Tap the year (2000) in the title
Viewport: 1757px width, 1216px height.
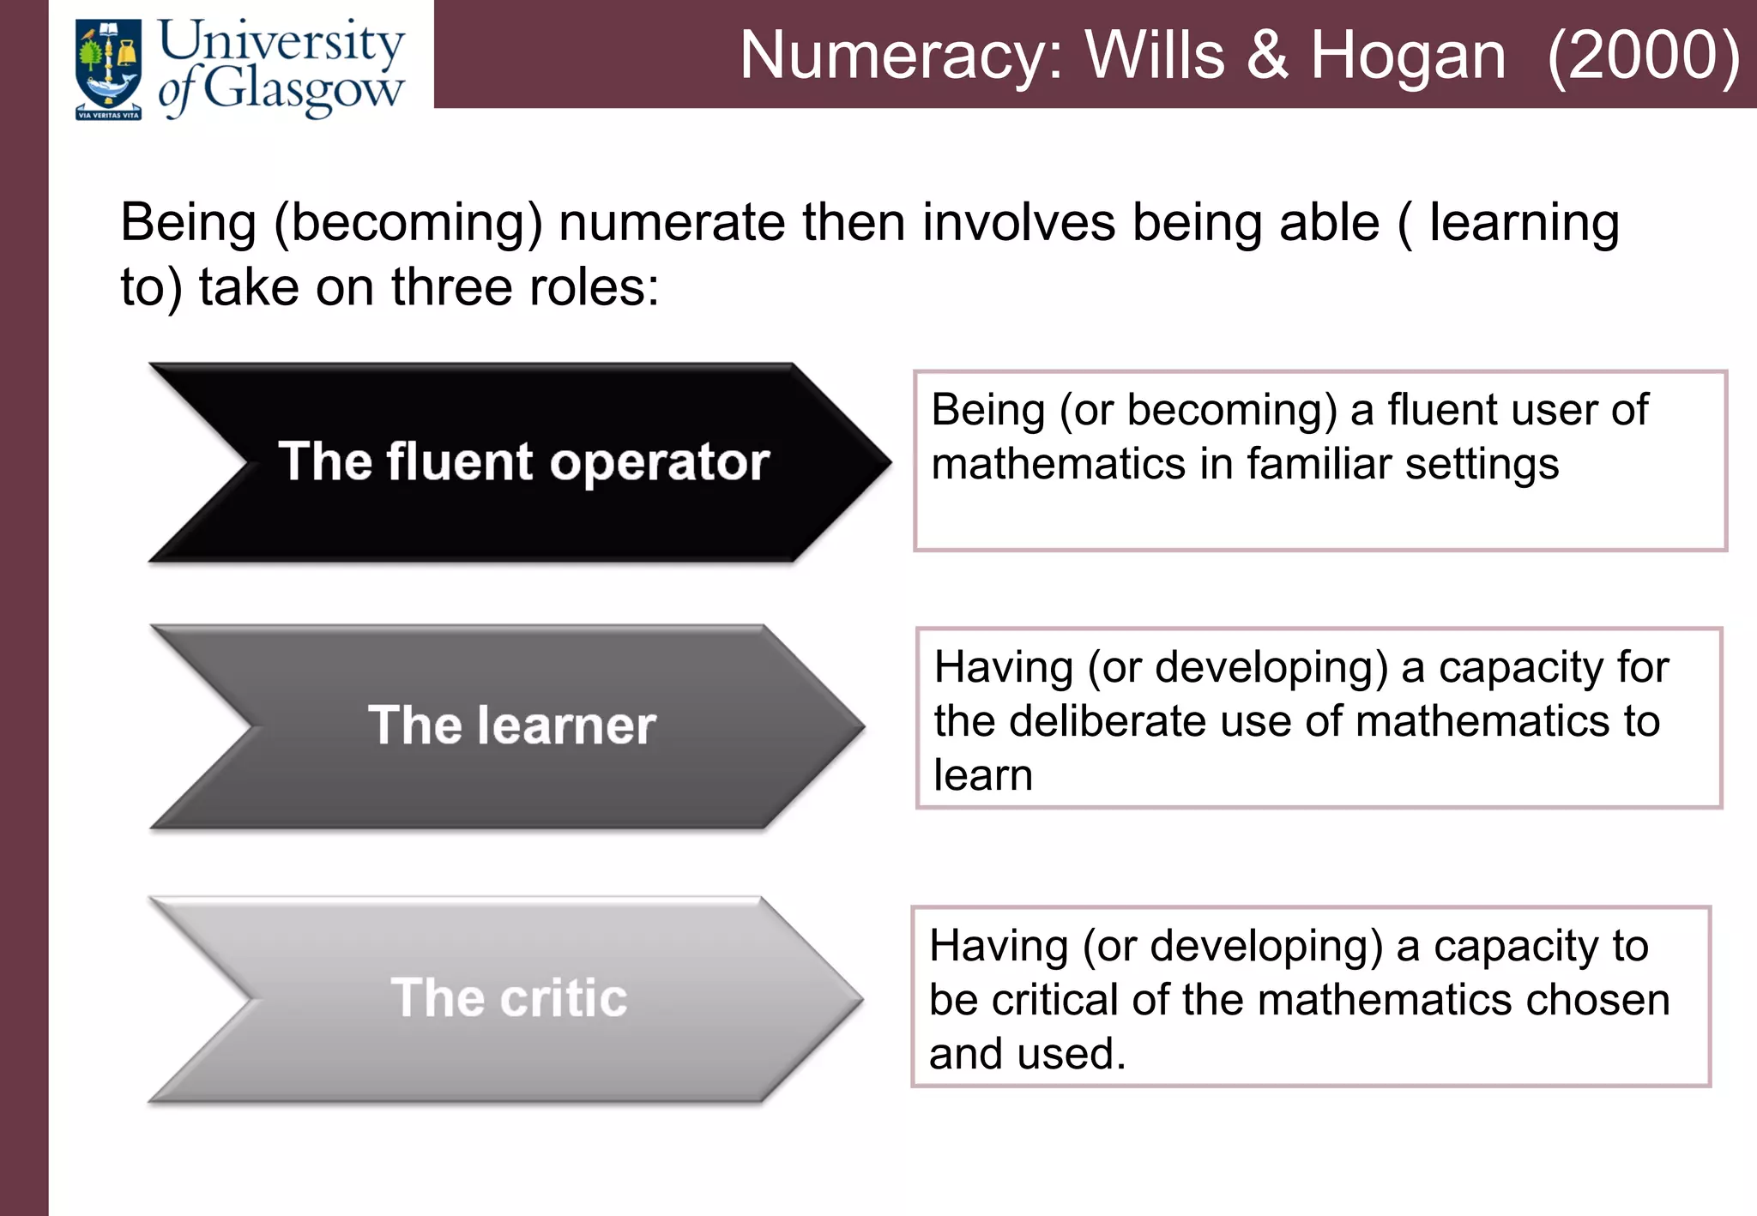[1643, 56]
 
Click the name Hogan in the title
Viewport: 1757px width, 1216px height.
[1408, 56]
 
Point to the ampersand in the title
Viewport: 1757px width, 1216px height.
[1267, 56]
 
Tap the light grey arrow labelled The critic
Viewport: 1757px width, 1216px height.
[506, 998]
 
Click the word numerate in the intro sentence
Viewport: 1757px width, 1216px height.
[672, 223]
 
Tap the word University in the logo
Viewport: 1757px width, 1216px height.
[281, 41]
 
